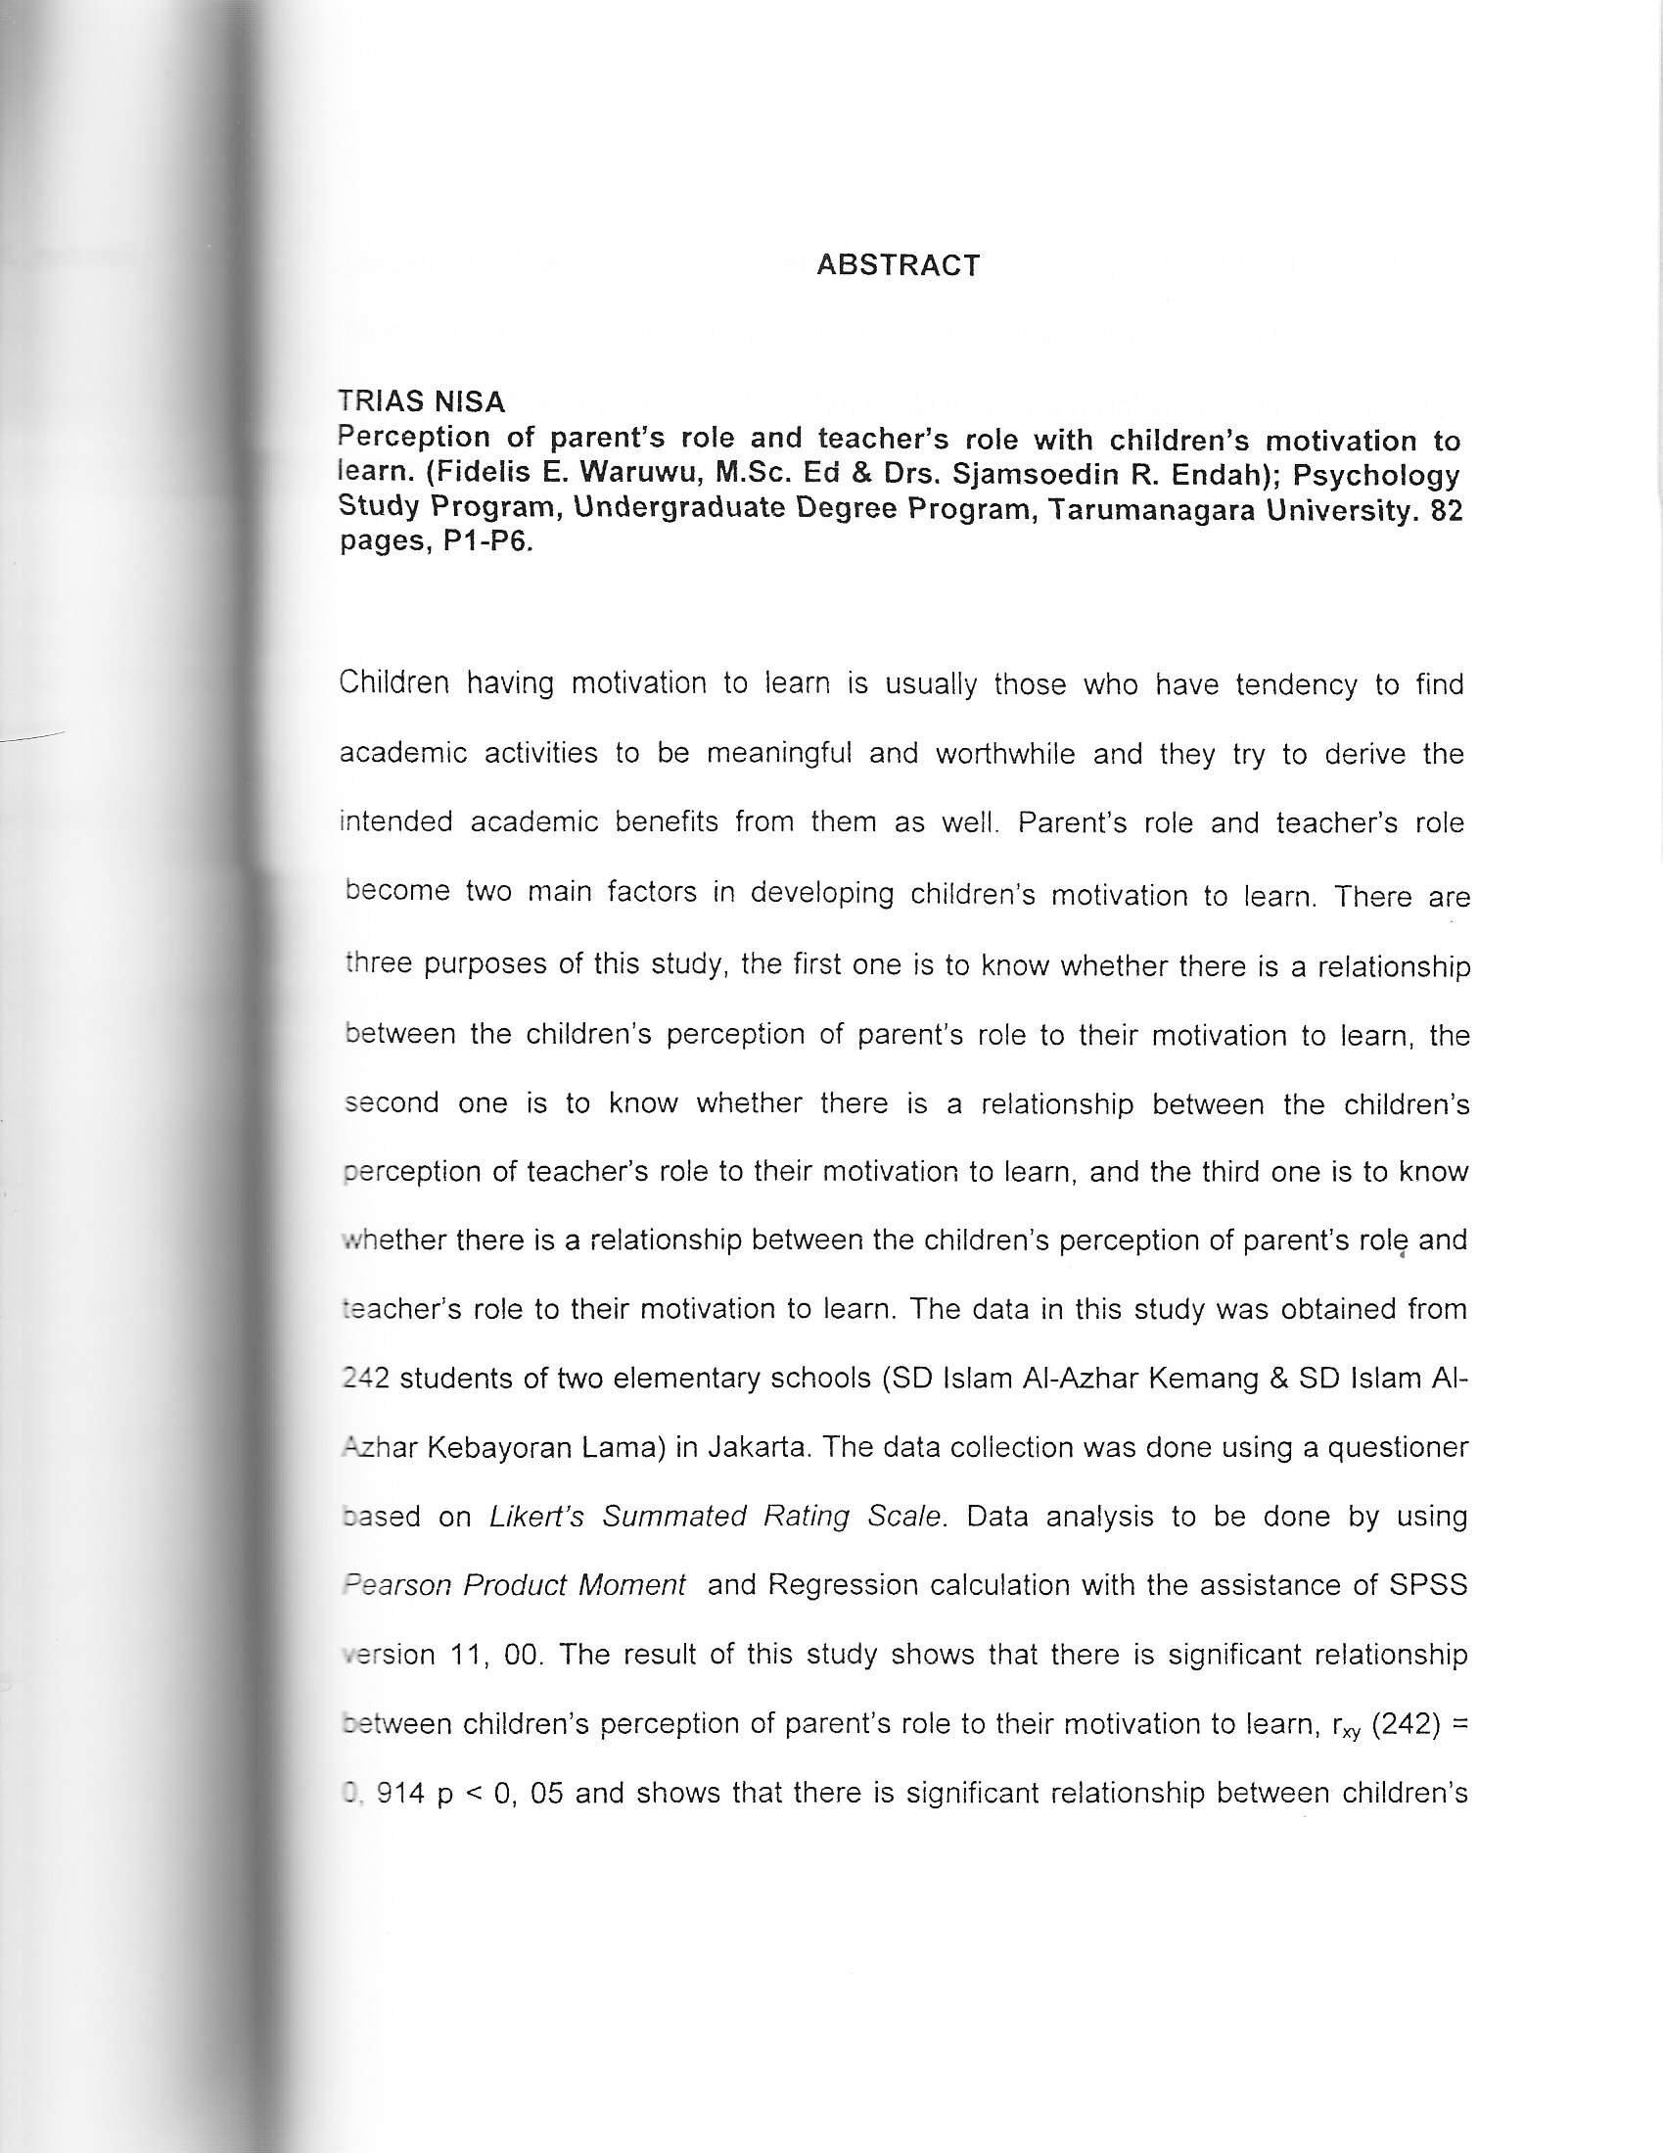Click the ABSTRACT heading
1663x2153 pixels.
pos(898,265)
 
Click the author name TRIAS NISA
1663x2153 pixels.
pos(421,401)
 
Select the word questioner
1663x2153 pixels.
pos(1398,1447)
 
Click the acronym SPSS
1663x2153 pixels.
pos(1427,1584)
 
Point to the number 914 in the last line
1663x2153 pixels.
pos(401,1792)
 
